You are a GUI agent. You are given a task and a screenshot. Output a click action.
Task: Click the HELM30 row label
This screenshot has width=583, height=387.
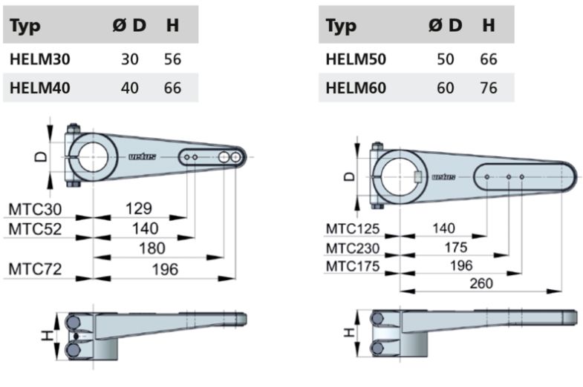tap(40, 59)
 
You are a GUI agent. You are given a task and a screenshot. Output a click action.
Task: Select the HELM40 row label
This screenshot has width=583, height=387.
tap(40, 88)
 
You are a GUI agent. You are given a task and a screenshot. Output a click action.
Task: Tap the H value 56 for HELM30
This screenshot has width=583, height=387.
tap(172, 59)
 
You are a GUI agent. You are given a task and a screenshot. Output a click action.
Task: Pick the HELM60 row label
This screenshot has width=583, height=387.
tap(356, 88)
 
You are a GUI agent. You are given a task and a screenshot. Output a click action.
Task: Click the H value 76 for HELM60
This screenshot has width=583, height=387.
tap(489, 88)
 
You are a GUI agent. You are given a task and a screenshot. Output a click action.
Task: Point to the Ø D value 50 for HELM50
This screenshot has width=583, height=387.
tap(446, 59)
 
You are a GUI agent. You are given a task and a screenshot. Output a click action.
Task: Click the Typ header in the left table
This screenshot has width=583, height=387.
tap(25, 26)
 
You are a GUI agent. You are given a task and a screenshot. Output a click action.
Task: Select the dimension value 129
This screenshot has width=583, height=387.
tap(139, 208)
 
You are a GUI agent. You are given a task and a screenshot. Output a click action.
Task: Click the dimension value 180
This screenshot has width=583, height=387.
tap(152, 248)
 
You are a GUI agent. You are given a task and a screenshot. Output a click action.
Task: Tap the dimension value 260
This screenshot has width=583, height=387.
tap(481, 283)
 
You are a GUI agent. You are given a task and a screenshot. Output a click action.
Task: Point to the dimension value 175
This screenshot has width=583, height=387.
tap(456, 248)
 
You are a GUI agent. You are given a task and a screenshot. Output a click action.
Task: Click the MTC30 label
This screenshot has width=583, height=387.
tap(35, 209)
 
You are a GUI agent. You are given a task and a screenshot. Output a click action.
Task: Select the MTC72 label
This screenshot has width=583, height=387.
tap(35, 269)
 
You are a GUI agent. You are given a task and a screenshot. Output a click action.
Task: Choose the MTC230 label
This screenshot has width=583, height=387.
tap(353, 248)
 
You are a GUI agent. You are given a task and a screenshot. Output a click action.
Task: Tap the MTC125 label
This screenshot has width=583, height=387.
tap(353, 229)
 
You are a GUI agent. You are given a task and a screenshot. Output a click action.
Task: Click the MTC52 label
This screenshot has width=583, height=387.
tap(35, 229)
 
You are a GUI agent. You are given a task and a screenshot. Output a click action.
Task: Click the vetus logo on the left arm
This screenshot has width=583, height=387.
tap(143, 157)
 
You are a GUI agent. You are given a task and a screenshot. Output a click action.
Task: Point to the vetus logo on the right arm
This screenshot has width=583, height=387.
tap(443, 177)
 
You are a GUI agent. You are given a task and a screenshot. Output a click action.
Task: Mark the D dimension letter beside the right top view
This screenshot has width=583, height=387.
tap(350, 176)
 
